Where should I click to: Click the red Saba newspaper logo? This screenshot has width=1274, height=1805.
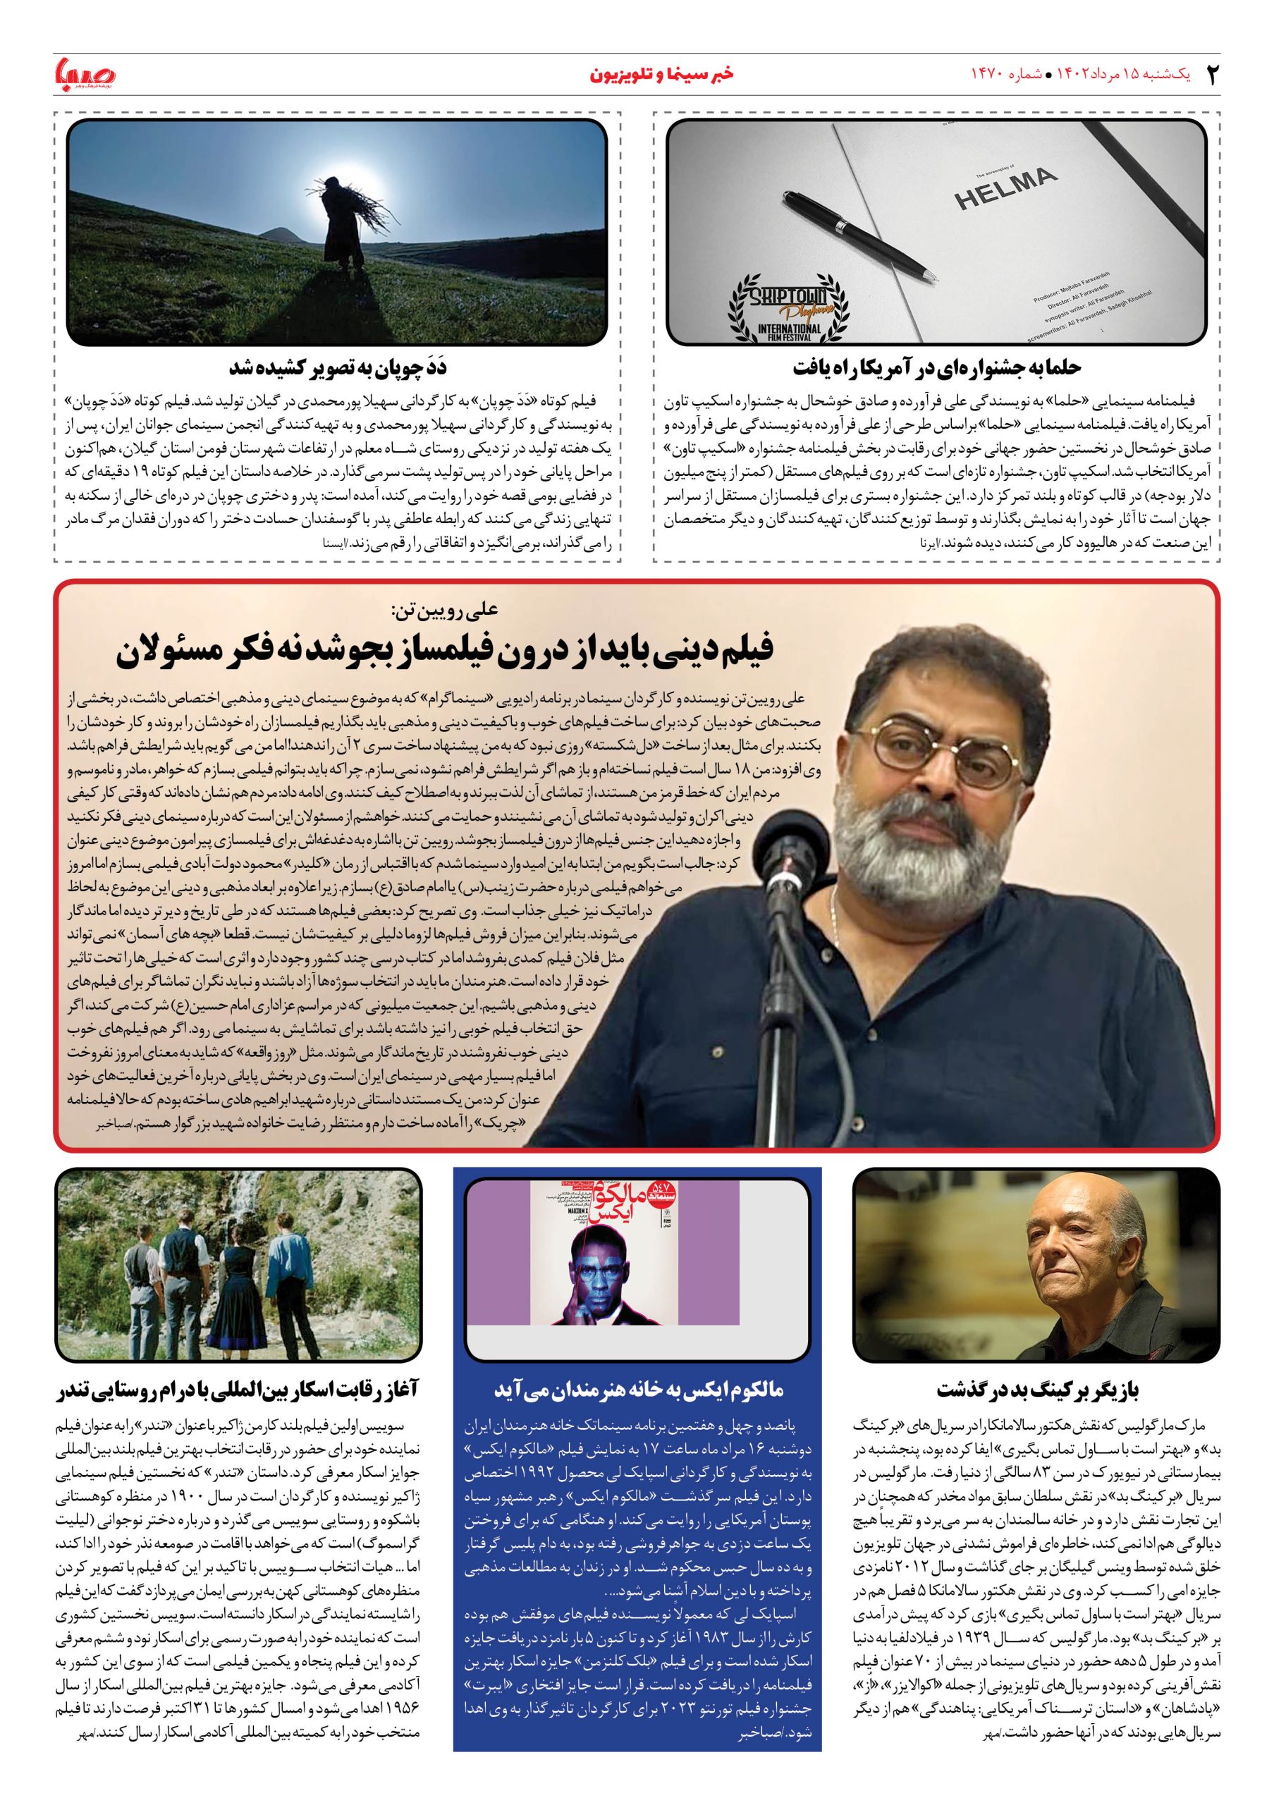(84, 74)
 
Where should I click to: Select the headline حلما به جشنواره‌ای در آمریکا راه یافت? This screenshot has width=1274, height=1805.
(936, 367)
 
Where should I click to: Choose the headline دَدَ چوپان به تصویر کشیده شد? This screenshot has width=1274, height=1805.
(338, 367)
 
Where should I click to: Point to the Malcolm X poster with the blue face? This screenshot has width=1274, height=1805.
(601, 1274)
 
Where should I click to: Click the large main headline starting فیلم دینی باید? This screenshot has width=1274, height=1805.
(446, 651)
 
